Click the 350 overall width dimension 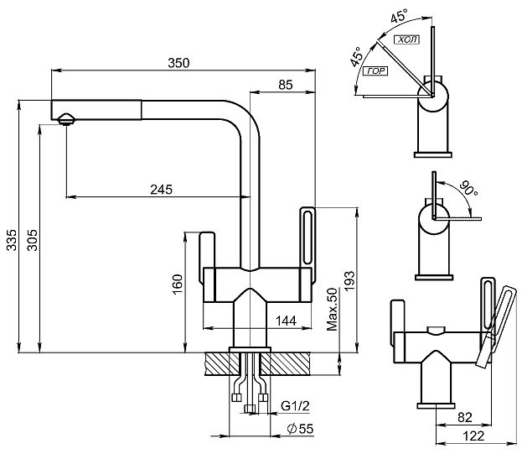tap(178, 63)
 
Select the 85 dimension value tap(286, 85)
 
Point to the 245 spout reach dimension tap(162, 190)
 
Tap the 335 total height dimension tap(12, 240)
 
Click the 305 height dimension tap(33, 240)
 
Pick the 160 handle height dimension tap(178, 284)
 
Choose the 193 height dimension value tap(349, 281)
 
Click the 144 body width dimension tap(286, 321)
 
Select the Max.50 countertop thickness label tap(332, 309)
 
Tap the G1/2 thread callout tap(295, 405)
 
